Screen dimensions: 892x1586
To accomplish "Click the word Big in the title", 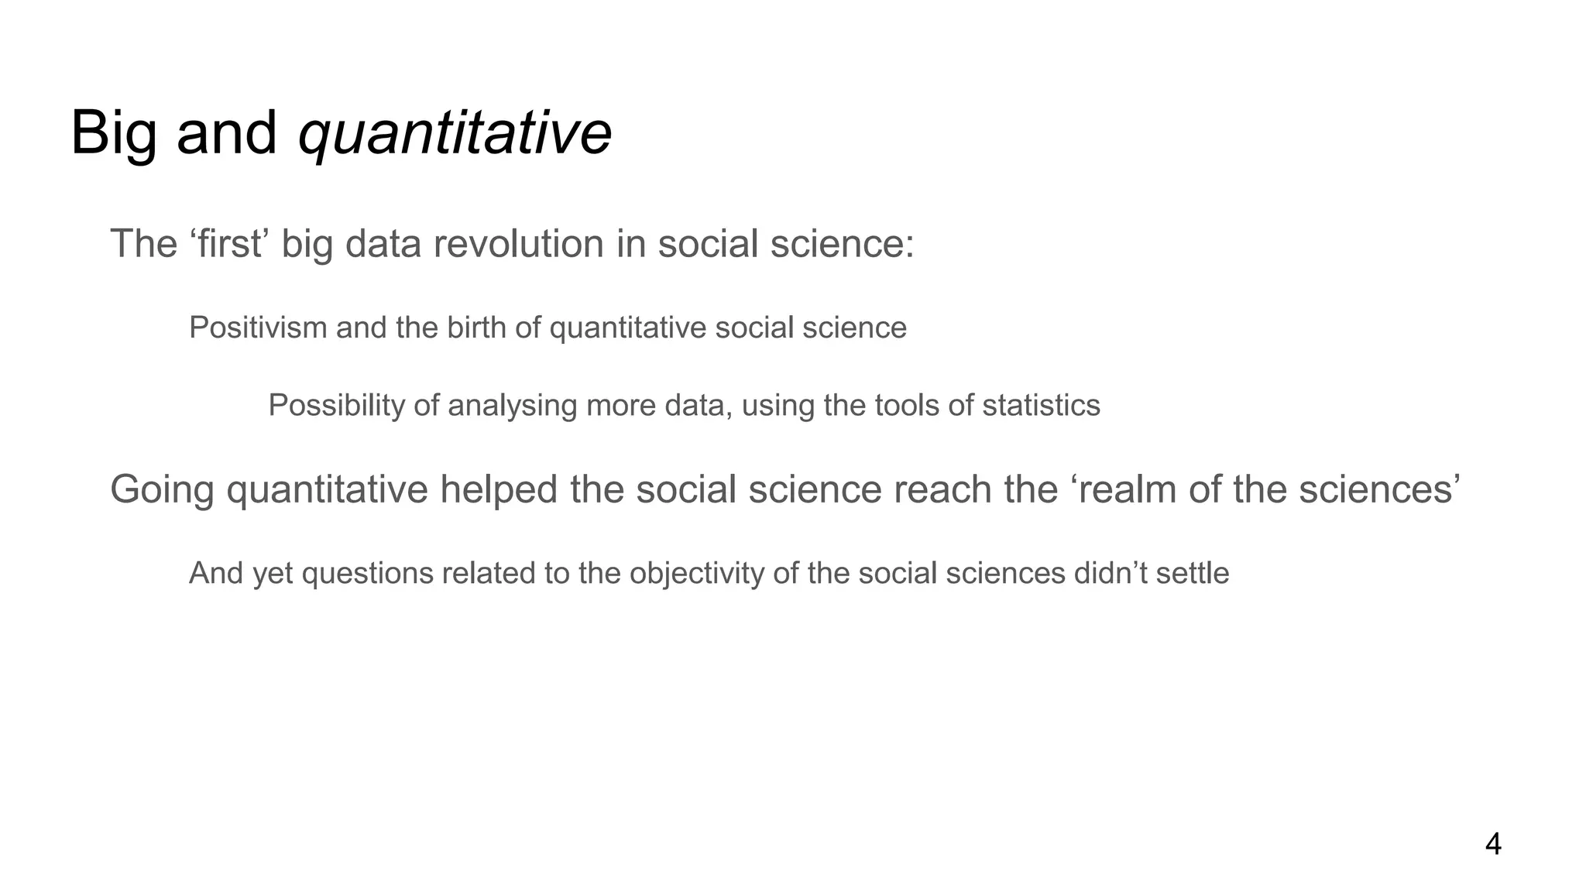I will pos(113,133).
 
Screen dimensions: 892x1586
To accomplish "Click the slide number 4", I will pos(1493,844).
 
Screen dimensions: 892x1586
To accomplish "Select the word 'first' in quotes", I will pos(228,244).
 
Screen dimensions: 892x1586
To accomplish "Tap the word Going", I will pos(162,489).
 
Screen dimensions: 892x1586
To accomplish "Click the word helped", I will pos(499,489).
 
